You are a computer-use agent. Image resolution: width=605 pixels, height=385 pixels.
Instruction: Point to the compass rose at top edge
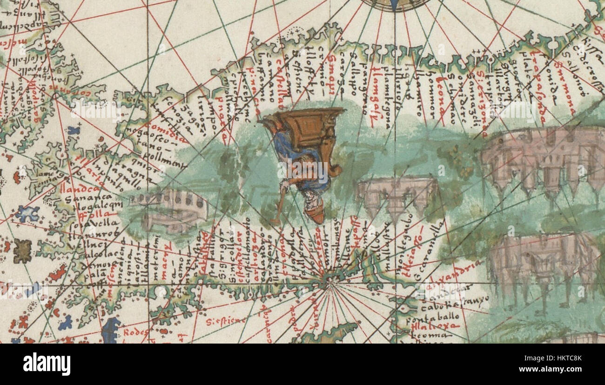[x=395, y=4]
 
